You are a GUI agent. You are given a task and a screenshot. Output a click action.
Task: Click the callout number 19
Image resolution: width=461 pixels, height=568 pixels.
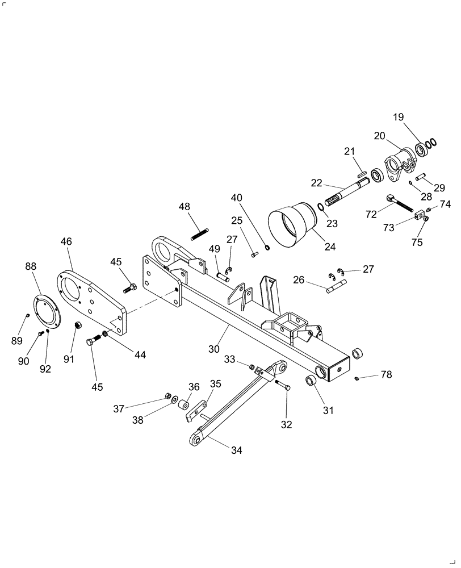pyautogui.click(x=399, y=117)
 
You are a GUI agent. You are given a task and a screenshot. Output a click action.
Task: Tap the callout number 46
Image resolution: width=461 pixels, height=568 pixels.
pyautogui.click(x=66, y=241)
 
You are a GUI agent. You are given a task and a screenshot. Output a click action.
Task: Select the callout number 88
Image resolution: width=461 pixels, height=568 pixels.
pyautogui.click(x=32, y=266)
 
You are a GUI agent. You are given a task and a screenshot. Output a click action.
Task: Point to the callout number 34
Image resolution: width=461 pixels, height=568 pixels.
pyautogui.click(x=237, y=450)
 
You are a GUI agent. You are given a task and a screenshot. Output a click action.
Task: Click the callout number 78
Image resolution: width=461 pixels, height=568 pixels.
pyautogui.click(x=386, y=375)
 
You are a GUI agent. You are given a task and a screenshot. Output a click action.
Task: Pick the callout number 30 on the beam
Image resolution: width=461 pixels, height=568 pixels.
pyautogui.click(x=213, y=349)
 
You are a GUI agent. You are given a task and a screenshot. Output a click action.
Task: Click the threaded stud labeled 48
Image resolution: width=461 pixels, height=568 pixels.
pyautogui.click(x=200, y=233)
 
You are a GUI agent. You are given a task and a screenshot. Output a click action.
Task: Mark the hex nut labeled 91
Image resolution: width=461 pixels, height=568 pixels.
pyautogui.click(x=80, y=325)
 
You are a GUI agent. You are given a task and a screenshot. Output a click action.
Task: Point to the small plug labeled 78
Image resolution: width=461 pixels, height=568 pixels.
pyautogui.click(x=357, y=378)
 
